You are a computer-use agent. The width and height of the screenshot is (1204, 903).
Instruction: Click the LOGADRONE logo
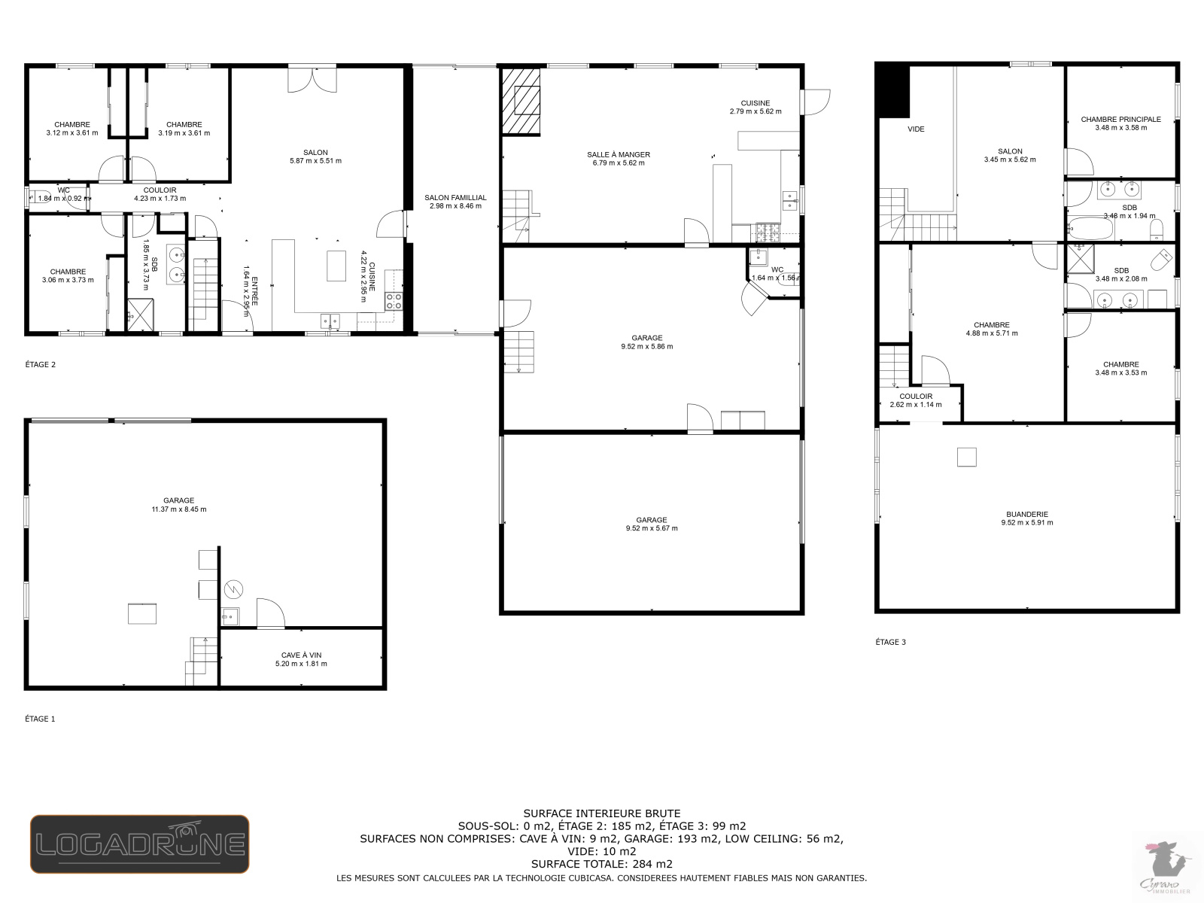click(140, 844)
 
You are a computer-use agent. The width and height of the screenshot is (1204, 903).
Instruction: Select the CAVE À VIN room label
click(301, 655)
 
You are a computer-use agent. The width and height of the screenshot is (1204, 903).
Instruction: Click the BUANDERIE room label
click(1027, 514)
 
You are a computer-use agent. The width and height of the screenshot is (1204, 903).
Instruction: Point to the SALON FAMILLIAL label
click(455, 197)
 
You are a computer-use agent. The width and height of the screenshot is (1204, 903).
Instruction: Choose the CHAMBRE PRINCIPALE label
click(1120, 119)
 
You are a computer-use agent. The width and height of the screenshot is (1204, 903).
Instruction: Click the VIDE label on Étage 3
click(916, 129)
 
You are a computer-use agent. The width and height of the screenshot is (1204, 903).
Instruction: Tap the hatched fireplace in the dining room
click(521, 101)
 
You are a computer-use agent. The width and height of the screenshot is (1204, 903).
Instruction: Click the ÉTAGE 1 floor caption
click(40, 719)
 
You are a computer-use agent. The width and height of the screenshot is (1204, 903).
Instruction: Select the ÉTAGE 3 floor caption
click(891, 642)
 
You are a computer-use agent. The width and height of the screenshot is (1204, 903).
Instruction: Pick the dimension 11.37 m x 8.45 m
click(179, 509)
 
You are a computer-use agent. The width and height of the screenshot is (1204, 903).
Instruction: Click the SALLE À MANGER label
click(619, 154)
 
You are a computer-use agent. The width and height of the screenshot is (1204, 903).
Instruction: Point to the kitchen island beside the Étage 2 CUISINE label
click(336, 266)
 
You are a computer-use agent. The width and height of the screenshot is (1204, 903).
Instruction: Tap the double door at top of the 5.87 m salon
click(312, 80)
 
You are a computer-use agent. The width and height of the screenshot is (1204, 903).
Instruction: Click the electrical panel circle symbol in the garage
click(234, 589)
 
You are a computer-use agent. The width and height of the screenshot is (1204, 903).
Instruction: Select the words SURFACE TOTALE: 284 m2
click(602, 864)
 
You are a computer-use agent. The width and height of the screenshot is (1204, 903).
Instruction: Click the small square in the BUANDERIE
click(966, 458)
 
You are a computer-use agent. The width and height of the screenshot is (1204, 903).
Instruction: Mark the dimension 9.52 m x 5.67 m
click(652, 528)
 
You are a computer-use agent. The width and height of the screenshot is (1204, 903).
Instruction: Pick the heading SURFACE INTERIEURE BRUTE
click(602, 813)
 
